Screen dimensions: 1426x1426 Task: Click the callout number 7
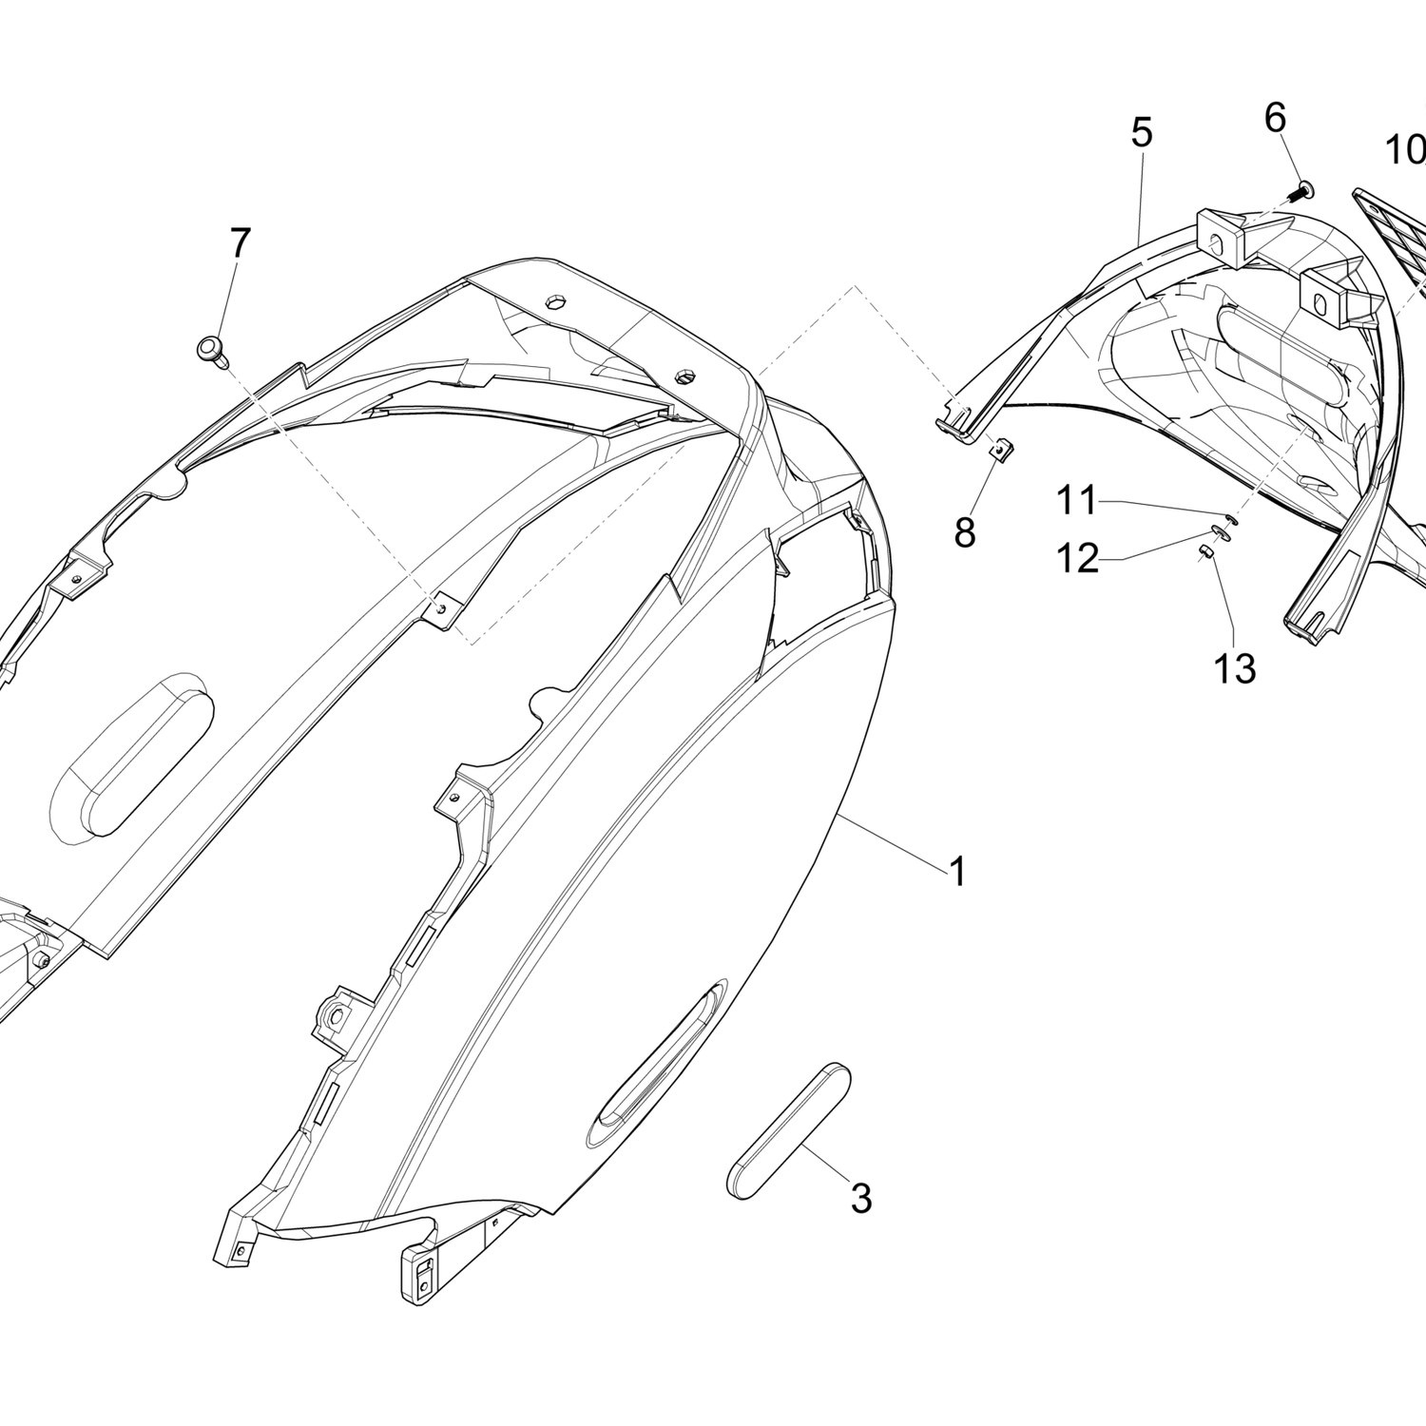241,243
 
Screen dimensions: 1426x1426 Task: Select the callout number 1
957,871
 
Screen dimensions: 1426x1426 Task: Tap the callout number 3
861,1199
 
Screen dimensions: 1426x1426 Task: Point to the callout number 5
1142,133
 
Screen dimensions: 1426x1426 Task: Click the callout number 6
1275,118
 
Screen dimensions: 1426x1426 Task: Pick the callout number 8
965,533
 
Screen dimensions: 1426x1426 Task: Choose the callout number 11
1078,500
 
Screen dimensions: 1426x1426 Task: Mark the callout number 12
1078,558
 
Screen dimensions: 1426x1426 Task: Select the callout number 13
1235,669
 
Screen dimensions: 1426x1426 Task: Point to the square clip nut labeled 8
999,448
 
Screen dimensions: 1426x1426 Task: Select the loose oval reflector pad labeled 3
788,1129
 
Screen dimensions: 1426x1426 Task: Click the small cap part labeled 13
1204,552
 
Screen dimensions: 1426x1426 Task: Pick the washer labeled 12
1221,533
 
